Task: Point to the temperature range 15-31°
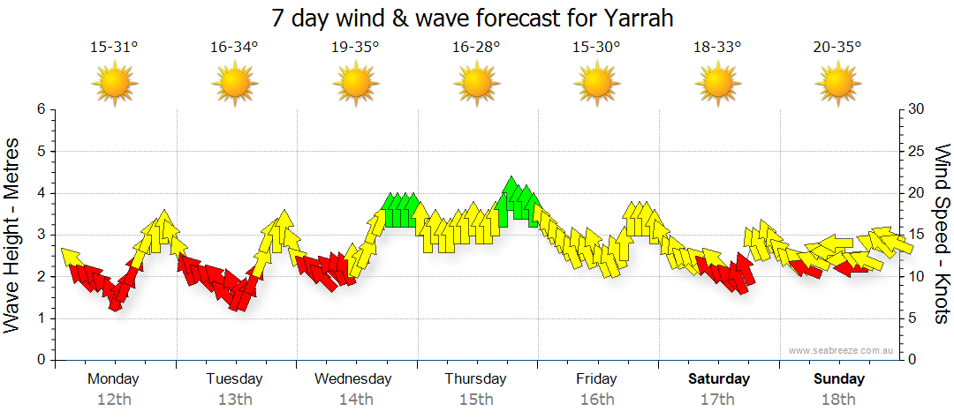click(114, 48)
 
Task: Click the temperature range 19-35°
click(355, 48)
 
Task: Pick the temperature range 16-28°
click(476, 48)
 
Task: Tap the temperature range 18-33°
click(716, 48)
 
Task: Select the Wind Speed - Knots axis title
click(942, 234)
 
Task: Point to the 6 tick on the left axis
click(40, 109)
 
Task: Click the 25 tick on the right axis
click(918, 151)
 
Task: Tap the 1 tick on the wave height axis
click(40, 318)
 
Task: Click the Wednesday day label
click(352, 379)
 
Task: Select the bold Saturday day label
click(719, 379)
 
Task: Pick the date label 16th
click(597, 399)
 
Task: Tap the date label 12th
click(114, 399)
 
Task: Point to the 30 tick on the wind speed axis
click(918, 109)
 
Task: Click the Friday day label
click(596, 379)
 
